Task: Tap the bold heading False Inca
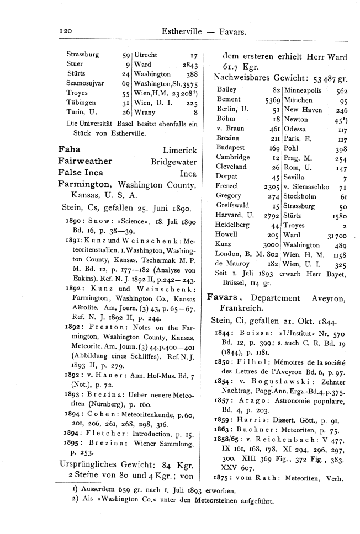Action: [81, 173]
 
